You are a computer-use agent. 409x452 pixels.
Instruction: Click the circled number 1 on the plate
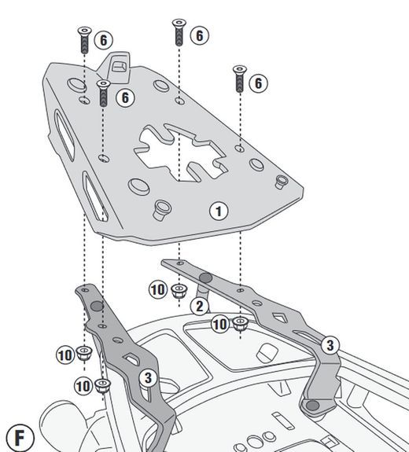(x=218, y=210)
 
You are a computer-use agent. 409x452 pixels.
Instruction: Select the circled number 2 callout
(x=201, y=305)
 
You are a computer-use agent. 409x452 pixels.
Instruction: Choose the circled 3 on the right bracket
(x=330, y=344)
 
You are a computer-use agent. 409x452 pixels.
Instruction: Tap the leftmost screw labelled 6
(x=83, y=39)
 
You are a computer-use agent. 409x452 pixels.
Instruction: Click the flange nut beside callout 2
(x=180, y=290)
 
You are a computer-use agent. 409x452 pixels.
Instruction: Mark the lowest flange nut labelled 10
(x=102, y=384)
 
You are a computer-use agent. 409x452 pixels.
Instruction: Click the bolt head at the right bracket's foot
(x=314, y=406)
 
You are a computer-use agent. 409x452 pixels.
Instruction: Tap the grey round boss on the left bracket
(x=96, y=306)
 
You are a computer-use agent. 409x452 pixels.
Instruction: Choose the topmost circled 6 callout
(x=199, y=35)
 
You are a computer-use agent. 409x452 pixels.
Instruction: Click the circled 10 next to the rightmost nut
(x=219, y=323)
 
